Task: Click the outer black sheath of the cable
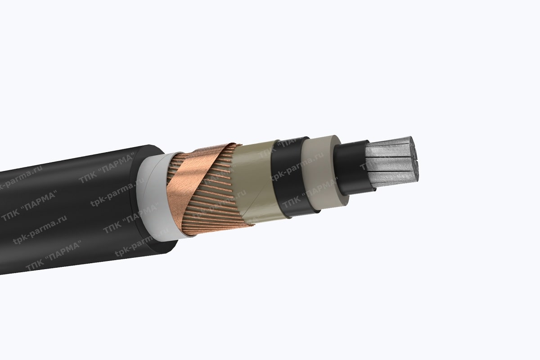[x=67, y=207]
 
